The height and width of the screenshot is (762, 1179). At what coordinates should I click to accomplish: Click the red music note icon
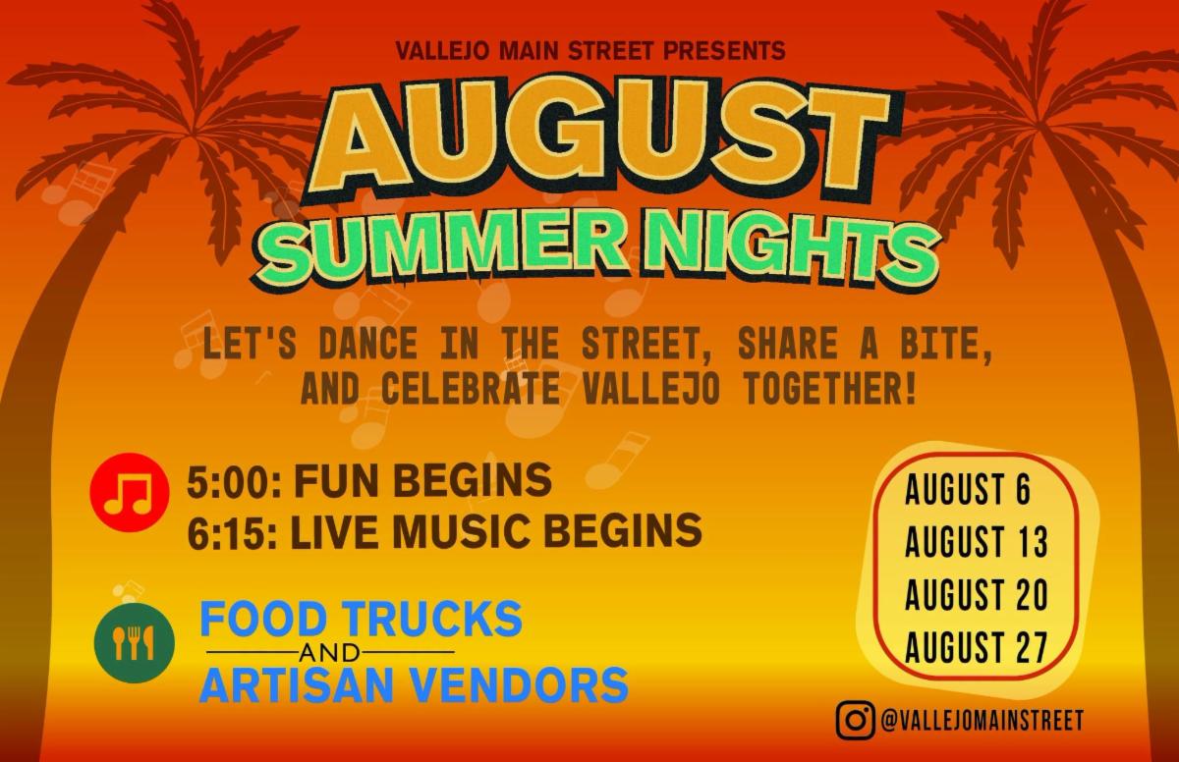click(x=130, y=492)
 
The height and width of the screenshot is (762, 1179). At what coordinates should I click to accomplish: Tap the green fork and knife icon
click(x=135, y=642)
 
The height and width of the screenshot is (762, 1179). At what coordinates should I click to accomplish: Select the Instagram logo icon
click(x=856, y=721)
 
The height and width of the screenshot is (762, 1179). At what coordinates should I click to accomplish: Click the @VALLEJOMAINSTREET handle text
click(x=982, y=721)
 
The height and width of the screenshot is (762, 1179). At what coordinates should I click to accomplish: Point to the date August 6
click(x=968, y=490)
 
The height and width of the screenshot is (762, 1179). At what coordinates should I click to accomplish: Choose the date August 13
click(x=977, y=542)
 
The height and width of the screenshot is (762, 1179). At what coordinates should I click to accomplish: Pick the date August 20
click(x=977, y=594)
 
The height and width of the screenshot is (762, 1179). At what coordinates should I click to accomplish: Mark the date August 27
click(x=977, y=647)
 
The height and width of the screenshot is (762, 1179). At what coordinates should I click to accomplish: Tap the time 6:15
click(x=232, y=530)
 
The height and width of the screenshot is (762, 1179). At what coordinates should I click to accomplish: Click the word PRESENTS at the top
click(x=724, y=51)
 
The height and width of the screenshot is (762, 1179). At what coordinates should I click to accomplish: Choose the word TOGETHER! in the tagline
click(x=830, y=388)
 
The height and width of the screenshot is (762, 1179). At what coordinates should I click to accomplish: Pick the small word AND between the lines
click(x=329, y=653)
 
